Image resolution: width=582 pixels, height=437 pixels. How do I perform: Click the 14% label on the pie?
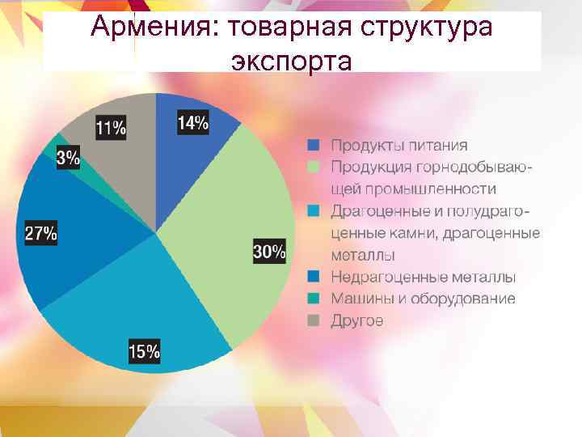click(192, 124)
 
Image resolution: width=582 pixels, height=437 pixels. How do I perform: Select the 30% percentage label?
click(269, 252)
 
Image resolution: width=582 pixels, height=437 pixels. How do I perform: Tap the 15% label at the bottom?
click(144, 352)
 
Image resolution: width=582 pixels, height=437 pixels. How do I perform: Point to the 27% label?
click(41, 234)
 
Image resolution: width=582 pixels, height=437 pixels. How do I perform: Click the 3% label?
click(68, 159)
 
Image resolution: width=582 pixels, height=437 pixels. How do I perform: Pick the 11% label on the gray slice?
click(111, 128)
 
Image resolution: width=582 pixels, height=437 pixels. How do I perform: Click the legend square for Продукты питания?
click(314, 146)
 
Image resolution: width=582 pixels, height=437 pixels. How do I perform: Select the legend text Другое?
click(356, 320)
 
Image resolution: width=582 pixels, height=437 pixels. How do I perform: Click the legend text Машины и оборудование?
click(422, 299)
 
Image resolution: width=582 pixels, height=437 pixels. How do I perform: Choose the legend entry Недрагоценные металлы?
click(423, 277)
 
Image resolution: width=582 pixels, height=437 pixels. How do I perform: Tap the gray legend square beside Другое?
click(314, 320)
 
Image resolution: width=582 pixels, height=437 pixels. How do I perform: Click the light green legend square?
click(314, 167)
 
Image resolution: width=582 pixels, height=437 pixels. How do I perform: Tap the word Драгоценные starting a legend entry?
click(377, 211)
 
